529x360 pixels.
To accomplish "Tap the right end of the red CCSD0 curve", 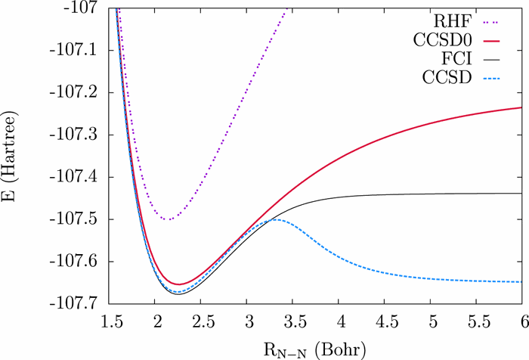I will click(522, 107).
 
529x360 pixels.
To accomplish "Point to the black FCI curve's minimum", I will click(178, 293).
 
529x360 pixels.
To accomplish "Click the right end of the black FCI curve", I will click(522, 194).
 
